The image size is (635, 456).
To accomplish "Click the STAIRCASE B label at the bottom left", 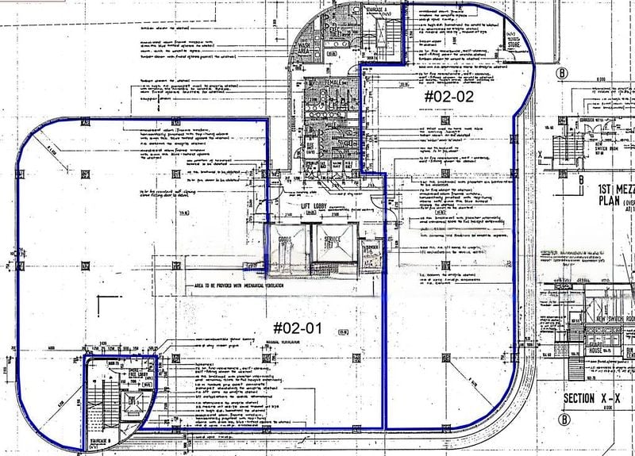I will tap(98, 436).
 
